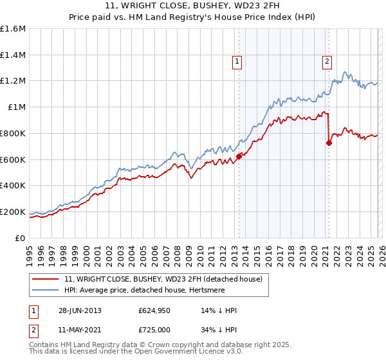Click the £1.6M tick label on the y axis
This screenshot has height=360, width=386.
pyautogui.click(x=13, y=29)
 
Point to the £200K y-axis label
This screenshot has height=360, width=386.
pyautogui.click(x=13, y=212)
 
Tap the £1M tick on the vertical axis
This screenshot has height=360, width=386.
pyautogui.click(x=17, y=107)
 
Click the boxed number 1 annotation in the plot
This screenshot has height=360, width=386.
pyautogui.click(x=237, y=62)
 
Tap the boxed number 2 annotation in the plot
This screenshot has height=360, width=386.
pyautogui.click(x=327, y=62)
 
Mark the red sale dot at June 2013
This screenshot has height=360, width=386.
pyautogui.click(x=239, y=156)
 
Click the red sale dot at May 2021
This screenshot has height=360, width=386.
pyautogui.click(x=329, y=143)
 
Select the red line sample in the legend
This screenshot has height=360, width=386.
pyautogui.click(x=45, y=280)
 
